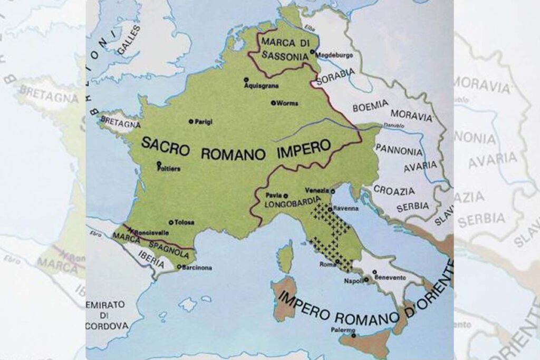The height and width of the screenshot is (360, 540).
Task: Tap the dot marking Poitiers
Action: [x=158, y=163]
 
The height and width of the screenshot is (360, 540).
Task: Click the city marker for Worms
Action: [x=273, y=103]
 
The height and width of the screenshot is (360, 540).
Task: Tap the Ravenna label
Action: [x=346, y=209]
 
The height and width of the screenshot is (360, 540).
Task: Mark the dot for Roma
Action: [x=337, y=260]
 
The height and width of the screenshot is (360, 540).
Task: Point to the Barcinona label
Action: [x=198, y=268]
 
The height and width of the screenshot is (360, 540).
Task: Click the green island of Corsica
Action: [x=286, y=257]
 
